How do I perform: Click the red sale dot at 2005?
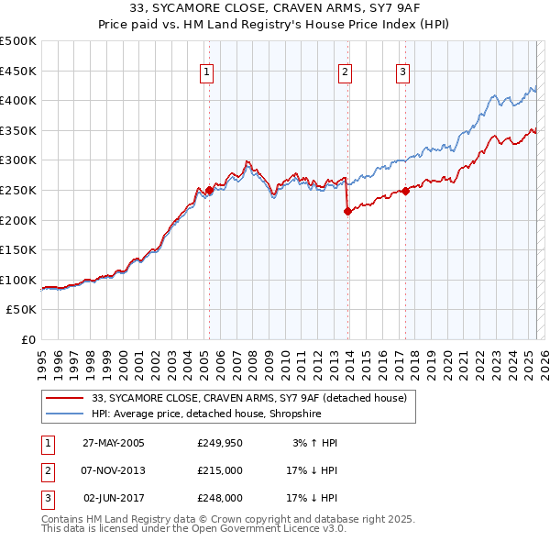209,191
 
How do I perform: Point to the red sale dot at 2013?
347,212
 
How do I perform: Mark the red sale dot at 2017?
405,192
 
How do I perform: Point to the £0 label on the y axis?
27,339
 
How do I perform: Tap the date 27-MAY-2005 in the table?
114,443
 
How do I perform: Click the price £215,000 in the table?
220,470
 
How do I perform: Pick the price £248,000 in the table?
220,498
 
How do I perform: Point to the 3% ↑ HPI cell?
315,443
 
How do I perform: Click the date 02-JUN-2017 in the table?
114,498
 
